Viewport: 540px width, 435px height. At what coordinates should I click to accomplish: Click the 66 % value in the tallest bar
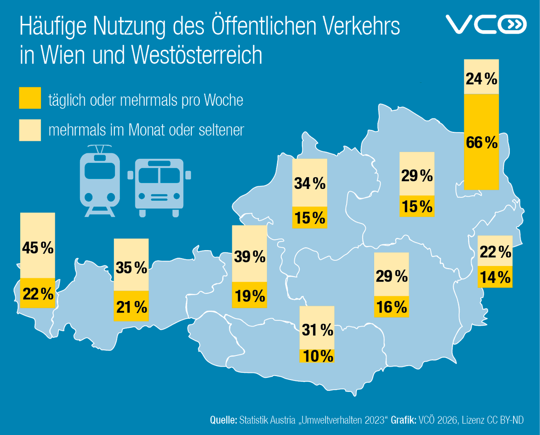481,143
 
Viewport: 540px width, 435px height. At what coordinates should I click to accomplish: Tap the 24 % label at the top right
481,79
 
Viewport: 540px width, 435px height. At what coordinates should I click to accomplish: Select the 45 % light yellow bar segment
38,246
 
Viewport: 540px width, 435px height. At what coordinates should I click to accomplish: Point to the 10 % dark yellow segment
317,356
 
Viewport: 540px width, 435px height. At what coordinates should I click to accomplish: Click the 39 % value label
249,257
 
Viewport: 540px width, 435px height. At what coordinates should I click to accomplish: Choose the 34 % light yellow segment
310,183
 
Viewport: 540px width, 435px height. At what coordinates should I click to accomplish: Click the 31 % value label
317,331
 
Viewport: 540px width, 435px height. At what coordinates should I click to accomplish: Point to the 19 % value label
249,296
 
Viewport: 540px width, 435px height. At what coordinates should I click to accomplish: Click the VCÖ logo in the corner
485,25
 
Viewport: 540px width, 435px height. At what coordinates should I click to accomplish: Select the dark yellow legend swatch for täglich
30,99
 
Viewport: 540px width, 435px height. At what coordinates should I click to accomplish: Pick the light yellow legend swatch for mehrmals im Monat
30,130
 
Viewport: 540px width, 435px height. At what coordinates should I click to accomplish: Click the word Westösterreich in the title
198,54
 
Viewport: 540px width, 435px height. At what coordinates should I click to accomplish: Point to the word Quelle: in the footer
224,420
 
